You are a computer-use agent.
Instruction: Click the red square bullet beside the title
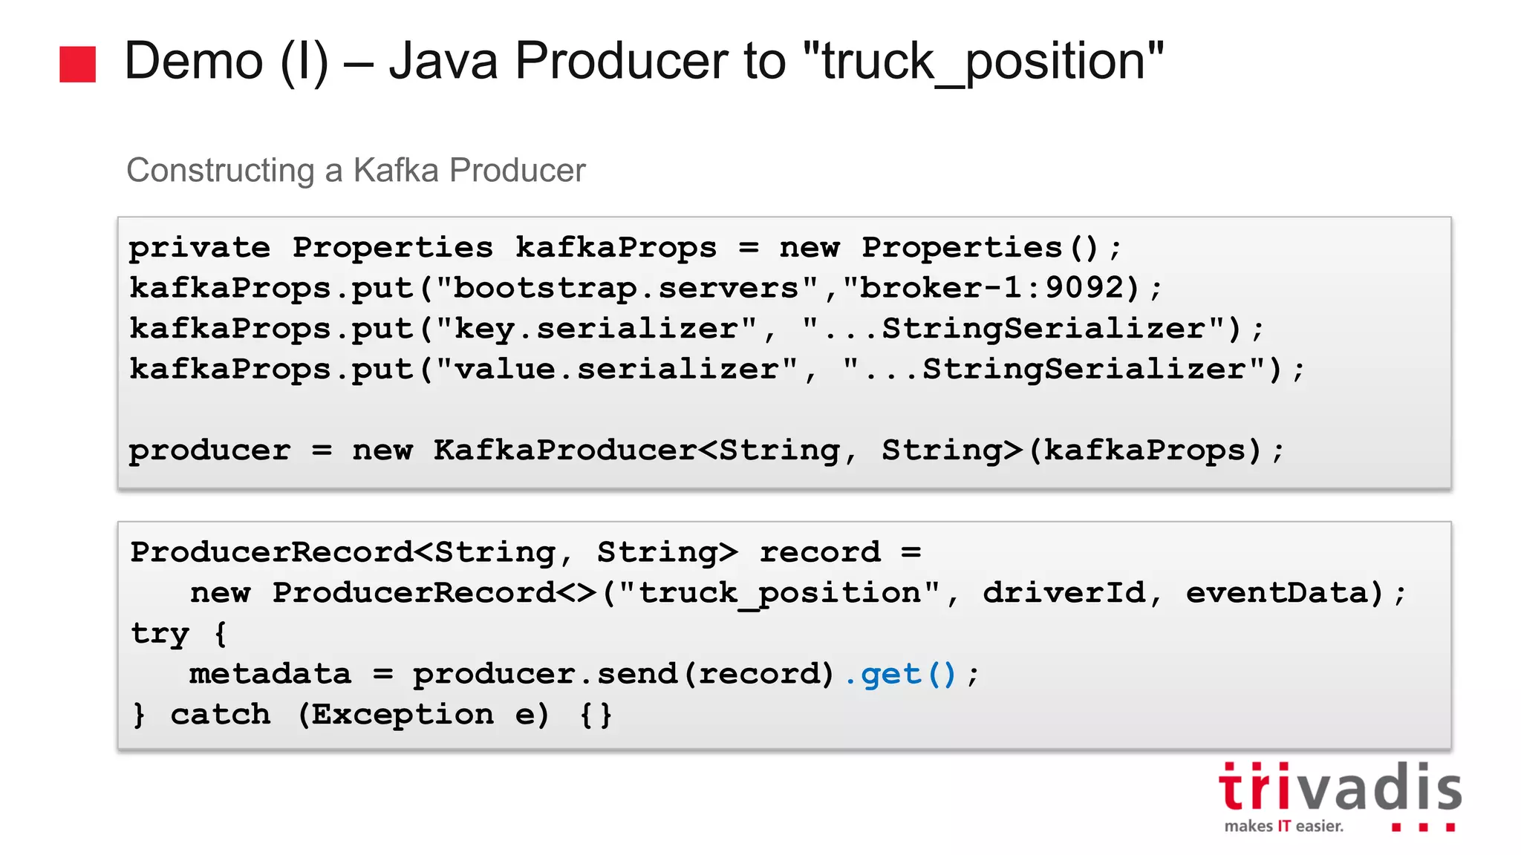[77, 64]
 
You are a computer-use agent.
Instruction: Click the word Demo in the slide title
[193, 61]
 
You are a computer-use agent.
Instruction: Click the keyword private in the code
[200, 248]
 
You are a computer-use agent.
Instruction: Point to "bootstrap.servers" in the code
[627, 289]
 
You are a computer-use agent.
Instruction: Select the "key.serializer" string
[596, 329]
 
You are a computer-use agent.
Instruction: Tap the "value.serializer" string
[616, 370]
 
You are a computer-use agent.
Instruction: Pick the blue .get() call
[900, 675]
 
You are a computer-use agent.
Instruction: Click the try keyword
[160, 634]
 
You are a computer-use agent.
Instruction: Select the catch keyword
[220, 715]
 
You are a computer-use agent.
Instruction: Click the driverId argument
[1064, 593]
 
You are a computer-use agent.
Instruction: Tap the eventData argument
[1276, 593]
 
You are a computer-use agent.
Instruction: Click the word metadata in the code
[270, 675]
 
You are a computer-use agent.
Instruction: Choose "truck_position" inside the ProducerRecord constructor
[780, 593]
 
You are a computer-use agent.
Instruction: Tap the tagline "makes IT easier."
[1283, 826]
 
